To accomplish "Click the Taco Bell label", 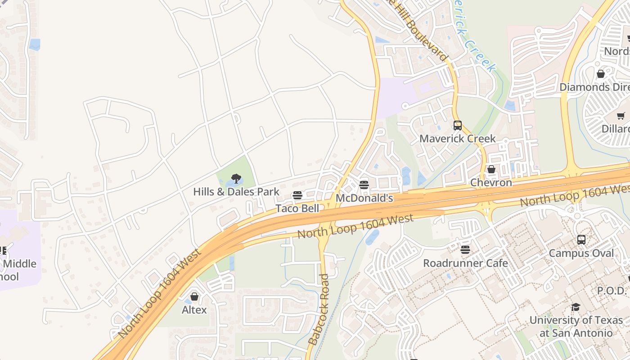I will (x=297, y=208).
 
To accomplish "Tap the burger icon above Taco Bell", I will (x=297, y=195).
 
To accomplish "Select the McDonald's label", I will (x=364, y=198).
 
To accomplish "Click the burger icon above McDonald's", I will (x=364, y=185).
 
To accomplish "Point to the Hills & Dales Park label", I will (x=236, y=192).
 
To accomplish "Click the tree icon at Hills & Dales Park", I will (x=236, y=179).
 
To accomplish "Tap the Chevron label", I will (x=491, y=183).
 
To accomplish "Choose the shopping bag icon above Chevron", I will (x=491, y=170).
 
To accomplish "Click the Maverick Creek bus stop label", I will (x=457, y=139).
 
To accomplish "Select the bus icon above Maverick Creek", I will (x=458, y=126).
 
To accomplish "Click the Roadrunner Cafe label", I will (x=465, y=263).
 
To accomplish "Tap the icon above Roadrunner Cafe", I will (x=465, y=250).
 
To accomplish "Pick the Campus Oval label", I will (x=581, y=253).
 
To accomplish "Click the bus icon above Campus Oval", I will (x=581, y=240).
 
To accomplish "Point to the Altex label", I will (x=194, y=310).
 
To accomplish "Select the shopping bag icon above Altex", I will (x=194, y=297).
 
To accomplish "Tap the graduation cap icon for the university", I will (x=576, y=307).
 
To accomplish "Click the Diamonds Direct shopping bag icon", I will (x=601, y=74).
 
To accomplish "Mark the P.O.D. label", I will (x=612, y=291).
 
